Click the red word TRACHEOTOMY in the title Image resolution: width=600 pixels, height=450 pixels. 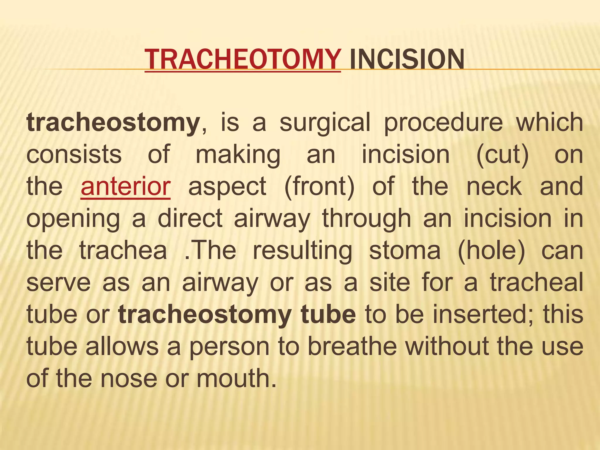click(243, 59)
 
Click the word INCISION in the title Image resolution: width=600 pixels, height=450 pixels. click(407, 59)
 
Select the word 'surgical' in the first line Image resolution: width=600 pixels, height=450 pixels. click(325, 123)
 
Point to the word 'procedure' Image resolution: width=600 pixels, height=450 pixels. click(443, 123)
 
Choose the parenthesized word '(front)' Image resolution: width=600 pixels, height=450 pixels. click(319, 187)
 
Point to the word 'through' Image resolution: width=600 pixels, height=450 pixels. click(367, 219)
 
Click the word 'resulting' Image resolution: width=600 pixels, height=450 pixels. click(302, 251)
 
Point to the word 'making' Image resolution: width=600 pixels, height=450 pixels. click(238, 155)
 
